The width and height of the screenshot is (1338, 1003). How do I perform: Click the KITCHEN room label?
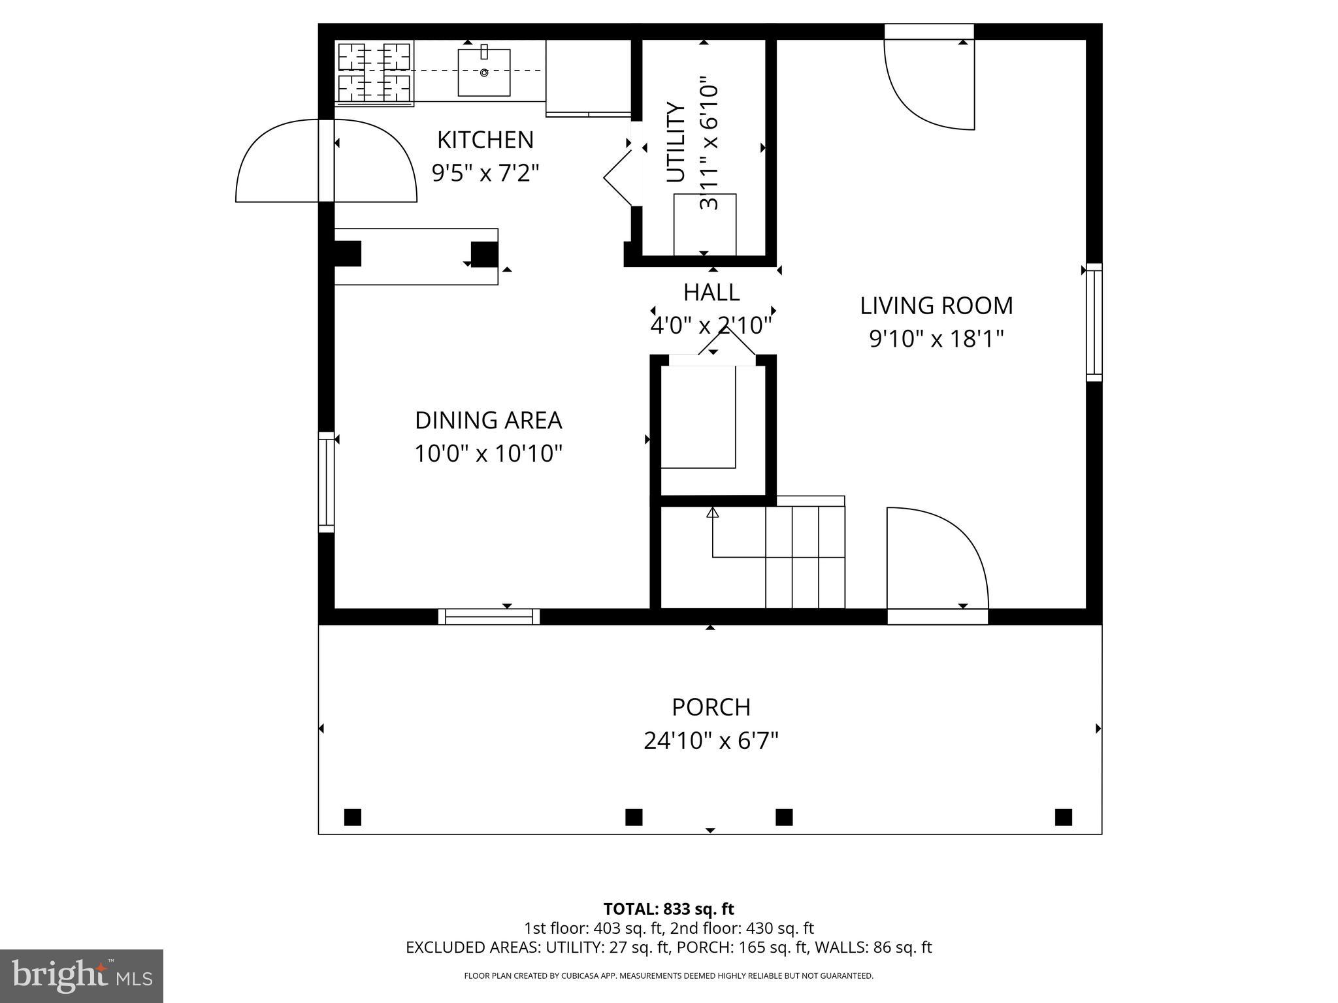point(485,140)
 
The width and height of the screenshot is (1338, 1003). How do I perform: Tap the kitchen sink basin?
point(484,72)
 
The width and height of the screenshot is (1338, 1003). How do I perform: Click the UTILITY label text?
point(676,143)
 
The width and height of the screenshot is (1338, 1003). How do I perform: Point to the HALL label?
point(711,293)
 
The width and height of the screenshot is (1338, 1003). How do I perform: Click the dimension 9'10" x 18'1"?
point(936,339)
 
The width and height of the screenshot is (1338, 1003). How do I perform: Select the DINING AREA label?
point(488,421)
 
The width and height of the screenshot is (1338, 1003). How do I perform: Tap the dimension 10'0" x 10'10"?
point(488,453)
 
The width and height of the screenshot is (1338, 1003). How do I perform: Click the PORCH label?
point(711,707)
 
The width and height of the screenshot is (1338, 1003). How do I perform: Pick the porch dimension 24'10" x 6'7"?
point(711,741)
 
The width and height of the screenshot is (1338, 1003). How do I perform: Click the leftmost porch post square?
point(352,817)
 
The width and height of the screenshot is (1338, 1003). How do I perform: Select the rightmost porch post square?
point(1063,817)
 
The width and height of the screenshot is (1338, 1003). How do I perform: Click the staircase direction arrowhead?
point(713,513)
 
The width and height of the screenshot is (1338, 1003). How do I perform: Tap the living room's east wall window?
point(1094,323)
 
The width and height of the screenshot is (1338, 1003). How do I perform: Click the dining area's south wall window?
point(489,616)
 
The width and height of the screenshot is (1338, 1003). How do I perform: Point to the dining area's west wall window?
point(326,482)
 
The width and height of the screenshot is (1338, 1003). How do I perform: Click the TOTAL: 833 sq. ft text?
point(668,909)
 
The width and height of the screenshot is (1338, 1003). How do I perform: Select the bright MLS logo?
point(82,976)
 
